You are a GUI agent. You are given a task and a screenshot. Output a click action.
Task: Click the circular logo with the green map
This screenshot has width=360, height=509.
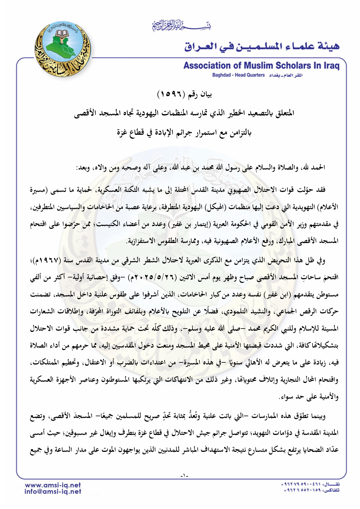pos(63,49)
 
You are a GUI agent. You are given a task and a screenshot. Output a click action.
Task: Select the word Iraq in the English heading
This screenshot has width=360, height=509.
pos(331,66)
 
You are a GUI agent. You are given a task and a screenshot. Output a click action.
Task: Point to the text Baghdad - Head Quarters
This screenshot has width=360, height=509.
pos(238,75)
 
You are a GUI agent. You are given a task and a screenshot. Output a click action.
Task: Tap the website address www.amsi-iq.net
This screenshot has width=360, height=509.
pos(53,485)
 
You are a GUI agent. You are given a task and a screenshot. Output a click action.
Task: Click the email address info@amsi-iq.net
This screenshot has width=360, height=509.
pos(53,492)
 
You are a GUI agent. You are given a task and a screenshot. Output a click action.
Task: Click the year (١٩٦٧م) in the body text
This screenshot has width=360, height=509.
pos(321,260)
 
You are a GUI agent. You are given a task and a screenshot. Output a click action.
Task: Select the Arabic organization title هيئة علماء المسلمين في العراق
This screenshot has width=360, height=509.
pos(262,46)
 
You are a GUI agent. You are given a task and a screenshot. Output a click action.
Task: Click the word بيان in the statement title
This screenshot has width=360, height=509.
pos(205,95)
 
